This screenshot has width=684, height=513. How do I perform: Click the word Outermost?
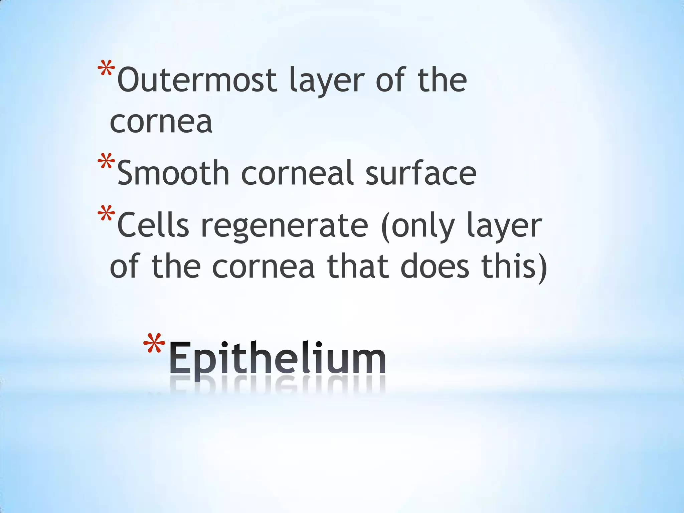coord(197,80)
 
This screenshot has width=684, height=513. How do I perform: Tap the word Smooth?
coord(173,173)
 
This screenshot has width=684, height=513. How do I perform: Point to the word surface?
coord(421,173)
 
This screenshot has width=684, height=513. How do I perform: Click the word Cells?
coord(153,226)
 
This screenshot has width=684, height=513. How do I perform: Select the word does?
coord(435,267)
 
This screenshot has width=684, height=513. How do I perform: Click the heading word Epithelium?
coord(278,358)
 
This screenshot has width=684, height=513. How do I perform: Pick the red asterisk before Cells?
coord(107,214)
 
